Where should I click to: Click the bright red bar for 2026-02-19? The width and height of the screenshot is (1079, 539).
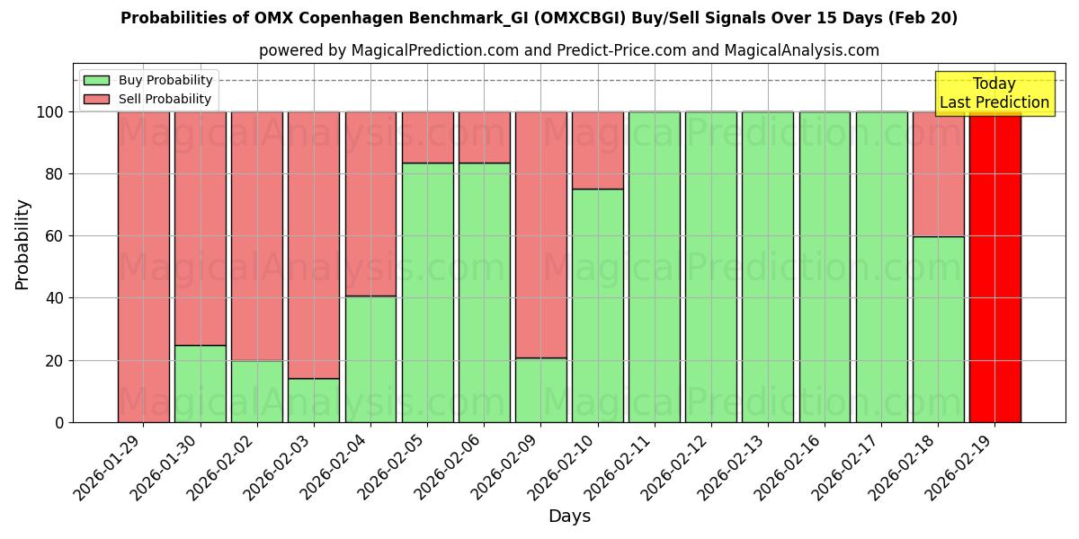[994, 267]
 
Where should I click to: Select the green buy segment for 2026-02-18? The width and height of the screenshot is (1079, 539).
[938, 329]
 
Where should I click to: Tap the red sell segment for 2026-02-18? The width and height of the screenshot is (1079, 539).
[938, 173]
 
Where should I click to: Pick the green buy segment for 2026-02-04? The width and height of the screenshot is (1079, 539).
[370, 358]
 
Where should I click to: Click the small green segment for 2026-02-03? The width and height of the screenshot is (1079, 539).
[314, 400]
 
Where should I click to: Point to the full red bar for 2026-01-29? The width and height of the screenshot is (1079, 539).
[143, 267]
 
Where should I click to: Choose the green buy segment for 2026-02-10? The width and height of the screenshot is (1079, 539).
[597, 305]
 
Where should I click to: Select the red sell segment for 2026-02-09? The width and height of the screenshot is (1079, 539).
[540, 234]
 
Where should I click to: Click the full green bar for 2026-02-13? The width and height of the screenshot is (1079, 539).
[768, 267]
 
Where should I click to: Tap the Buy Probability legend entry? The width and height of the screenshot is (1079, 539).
[165, 81]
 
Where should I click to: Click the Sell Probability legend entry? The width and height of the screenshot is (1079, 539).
[165, 99]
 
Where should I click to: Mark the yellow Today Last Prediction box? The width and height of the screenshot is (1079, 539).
[994, 93]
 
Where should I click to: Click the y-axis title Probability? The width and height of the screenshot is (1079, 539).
[22, 244]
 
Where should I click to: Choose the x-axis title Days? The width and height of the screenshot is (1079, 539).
[569, 517]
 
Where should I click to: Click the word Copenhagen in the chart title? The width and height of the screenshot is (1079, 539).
[296, 18]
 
